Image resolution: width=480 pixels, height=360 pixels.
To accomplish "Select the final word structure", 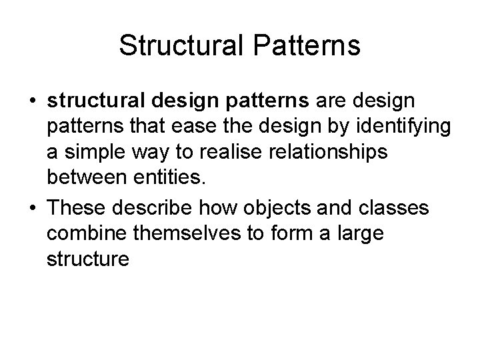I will click(x=87, y=259).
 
